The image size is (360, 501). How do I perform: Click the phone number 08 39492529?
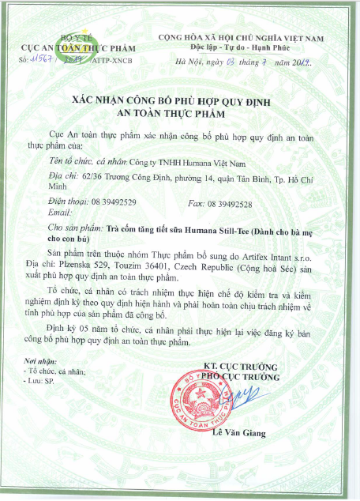(113, 204)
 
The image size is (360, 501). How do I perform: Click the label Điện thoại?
(68, 204)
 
